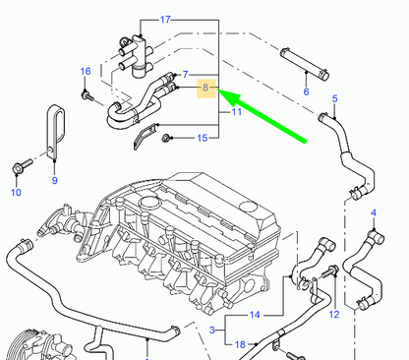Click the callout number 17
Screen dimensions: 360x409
coord(165,20)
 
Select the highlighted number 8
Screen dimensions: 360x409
coord(205,89)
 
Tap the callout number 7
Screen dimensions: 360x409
coord(184,75)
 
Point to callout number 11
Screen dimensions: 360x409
coord(236,114)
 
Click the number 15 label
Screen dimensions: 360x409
coord(202,138)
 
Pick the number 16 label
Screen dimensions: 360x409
coord(86,72)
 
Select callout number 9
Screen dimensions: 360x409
coord(54,180)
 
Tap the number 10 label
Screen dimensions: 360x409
coord(15,193)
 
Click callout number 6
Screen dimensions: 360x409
coord(306,91)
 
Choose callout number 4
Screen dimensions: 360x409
coord(373,213)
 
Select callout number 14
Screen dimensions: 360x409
coord(254,316)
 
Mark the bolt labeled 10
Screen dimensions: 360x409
coord(18,170)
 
